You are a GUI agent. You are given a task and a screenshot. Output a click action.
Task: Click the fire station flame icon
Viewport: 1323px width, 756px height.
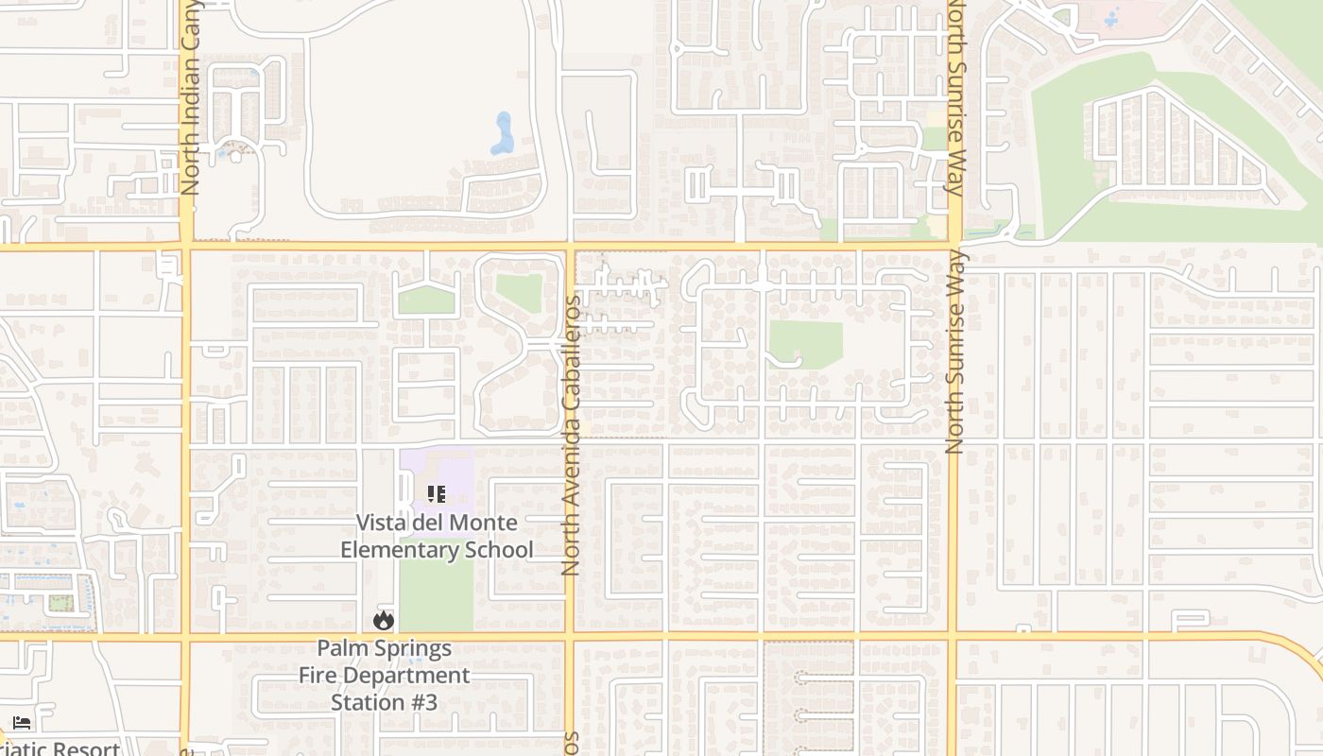coord(383,620)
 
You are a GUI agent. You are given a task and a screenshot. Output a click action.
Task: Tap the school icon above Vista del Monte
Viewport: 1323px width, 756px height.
coord(436,494)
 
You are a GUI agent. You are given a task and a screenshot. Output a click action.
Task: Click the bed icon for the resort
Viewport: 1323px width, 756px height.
coord(22,723)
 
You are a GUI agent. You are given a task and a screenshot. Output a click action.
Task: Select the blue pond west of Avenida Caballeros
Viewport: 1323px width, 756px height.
coord(503,133)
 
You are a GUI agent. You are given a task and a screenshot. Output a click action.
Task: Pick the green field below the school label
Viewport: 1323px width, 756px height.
coord(436,595)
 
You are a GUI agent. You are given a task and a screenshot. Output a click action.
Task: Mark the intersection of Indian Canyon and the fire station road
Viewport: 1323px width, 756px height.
coord(186,636)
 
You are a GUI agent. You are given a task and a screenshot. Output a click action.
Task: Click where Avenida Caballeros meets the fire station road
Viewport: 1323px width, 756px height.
coord(570,636)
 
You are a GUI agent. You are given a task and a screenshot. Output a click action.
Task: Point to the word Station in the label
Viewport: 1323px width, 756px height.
coord(369,702)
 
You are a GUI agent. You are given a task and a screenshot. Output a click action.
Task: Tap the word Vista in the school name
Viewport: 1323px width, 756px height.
coord(381,523)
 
